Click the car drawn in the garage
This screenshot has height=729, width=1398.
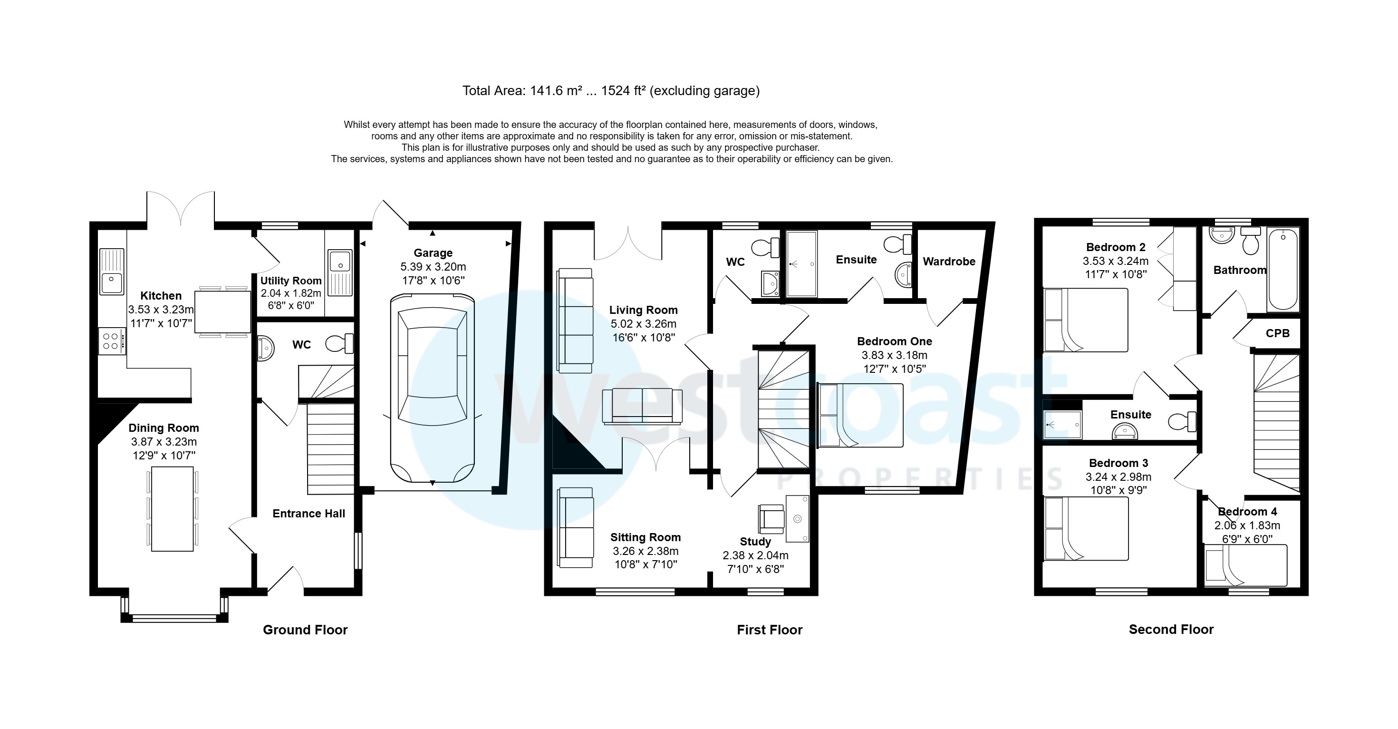[433, 388]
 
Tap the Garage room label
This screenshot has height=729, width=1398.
[433, 253]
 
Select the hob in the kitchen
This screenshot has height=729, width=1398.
[112, 341]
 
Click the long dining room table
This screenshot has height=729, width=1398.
[172, 509]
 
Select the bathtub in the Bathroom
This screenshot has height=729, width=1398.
[1283, 269]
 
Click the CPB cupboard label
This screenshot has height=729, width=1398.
[1278, 333]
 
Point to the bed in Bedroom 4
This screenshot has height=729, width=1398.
[1245, 566]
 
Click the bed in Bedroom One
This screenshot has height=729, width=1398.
[861, 415]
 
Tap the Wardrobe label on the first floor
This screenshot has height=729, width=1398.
[949, 262]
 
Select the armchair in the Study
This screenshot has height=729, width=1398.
[771, 518]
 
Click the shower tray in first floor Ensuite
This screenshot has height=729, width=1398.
[801, 264]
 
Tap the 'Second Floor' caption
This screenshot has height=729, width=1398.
[1171, 630]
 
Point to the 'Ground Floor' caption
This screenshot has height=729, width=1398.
[305, 630]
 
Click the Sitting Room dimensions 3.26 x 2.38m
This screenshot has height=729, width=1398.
[645, 551]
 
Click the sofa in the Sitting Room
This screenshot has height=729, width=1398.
[575, 528]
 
